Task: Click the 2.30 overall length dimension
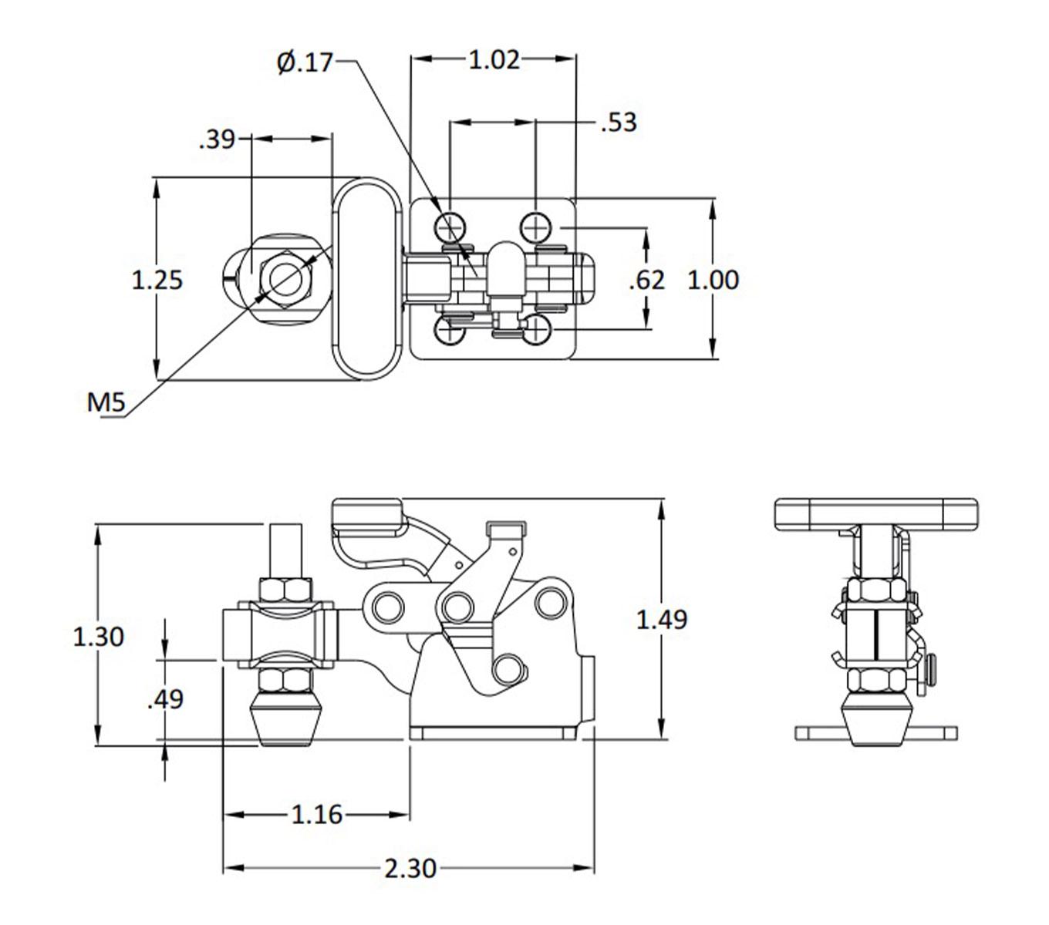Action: pyautogui.click(x=410, y=869)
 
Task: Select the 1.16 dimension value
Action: pyautogui.click(x=316, y=814)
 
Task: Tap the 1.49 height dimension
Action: pyautogui.click(x=662, y=619)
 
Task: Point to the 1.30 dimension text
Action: pyautogui.click(x=98, y=637)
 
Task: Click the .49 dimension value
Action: pyautogui.click(x=165, y=699)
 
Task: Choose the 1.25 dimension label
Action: pyautogui.click(x=157, y=279)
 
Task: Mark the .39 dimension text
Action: pyautogui.click(x=217, y=139)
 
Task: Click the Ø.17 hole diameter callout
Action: pyautogui.click(x=305, y=62)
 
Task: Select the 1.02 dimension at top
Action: pyautogui.click(x=494, y=59)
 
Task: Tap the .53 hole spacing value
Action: pyautogui.click(x=619, y=123)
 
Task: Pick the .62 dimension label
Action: pyautogui.click(x=646, y=279)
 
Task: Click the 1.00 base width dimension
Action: pyautogui.click(x=713, y=279)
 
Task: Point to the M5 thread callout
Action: pyautogui.click(x=106, y=402)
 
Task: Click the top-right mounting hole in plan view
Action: pyautogui.click(x=536, y=227)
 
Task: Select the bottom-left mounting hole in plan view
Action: pyautogui.click(x=449, y=331)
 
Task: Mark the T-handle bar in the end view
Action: pyautogui.click(x=875, y=513)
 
